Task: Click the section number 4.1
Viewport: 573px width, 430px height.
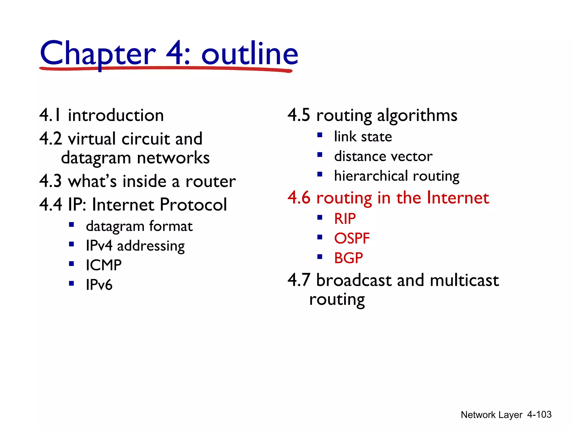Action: coord(50,115)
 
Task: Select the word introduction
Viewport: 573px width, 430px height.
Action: coord(116,115)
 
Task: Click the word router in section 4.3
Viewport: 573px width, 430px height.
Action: coord(210,181)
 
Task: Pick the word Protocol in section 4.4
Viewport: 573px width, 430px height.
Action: coord(193,204)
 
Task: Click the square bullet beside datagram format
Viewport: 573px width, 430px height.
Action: coord(72,225)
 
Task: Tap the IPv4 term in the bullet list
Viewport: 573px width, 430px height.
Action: coord(99,246)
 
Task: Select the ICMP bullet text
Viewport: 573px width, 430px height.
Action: coord(104,265)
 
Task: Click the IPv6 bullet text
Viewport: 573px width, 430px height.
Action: coord(99,285)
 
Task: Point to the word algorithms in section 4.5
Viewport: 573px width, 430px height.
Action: coord(417,115)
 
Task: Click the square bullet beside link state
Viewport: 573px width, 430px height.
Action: coord(320,135)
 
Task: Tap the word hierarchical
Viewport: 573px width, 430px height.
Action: coord(371,176)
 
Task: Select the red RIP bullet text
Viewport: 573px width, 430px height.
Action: coord(345,218)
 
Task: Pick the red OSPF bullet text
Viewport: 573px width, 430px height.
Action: coord(352,238)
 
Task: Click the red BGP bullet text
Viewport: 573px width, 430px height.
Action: coord(348,258)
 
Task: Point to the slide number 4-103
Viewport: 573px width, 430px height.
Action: coord(539,414)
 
